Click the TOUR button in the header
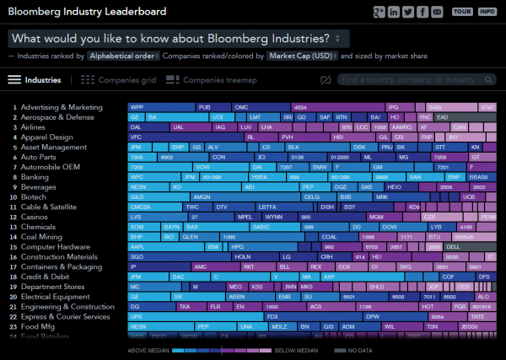tap(462, 12)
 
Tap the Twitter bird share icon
tap(407, 12)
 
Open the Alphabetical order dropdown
tap(121, 56)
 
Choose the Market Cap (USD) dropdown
tap(301, 56)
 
